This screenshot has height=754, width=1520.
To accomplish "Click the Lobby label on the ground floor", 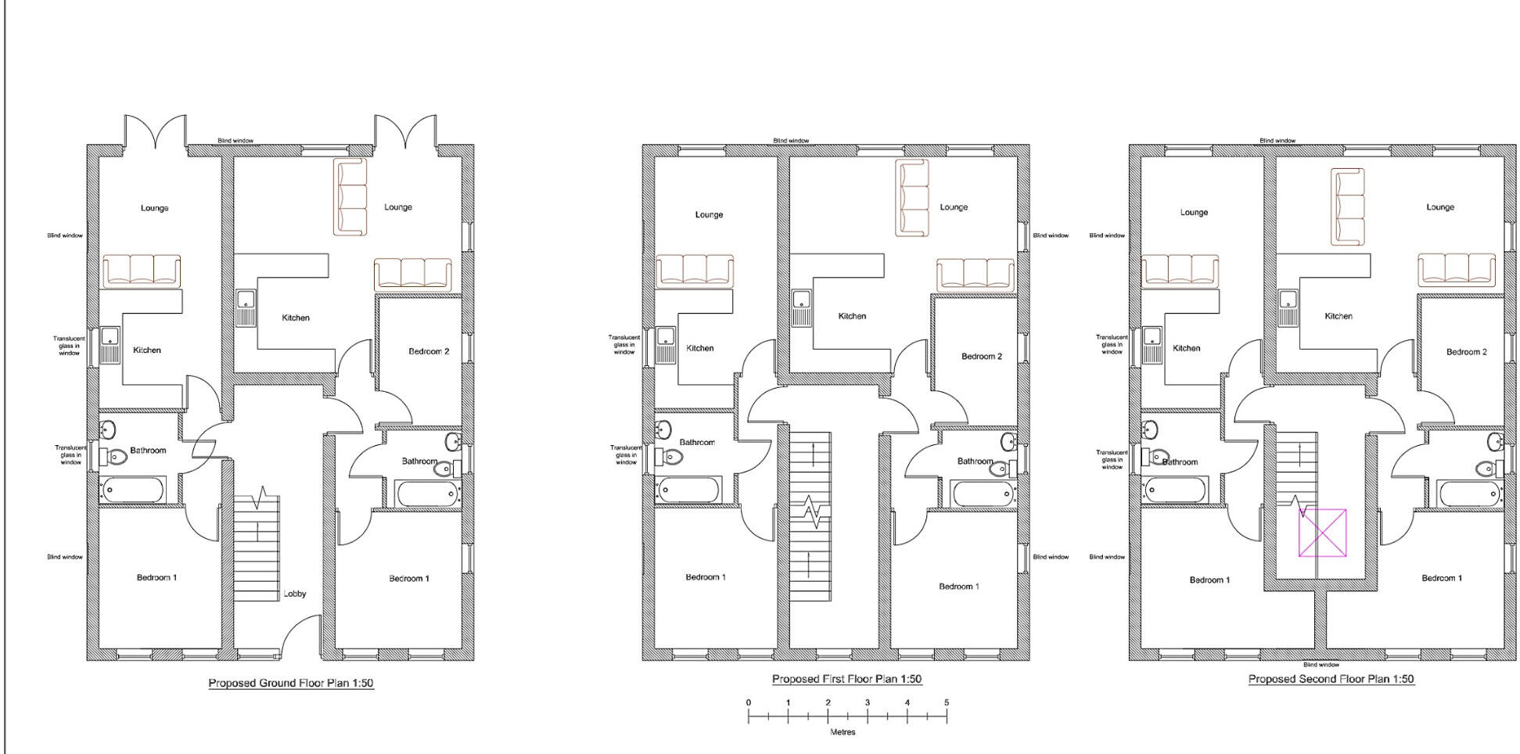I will coord(295,594).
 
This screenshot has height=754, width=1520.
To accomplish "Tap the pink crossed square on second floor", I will coord(1323,533).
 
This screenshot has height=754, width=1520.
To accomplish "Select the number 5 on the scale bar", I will coord(947,702).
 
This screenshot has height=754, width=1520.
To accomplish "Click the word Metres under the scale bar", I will coord(843,733).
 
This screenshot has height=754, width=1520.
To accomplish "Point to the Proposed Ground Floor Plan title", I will coord(291,683).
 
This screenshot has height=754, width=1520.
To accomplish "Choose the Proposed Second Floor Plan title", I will coord(1331,679).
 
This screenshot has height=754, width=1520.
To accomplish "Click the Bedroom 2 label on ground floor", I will coord(429,351).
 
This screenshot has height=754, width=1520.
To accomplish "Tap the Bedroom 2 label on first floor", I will coord(981,356).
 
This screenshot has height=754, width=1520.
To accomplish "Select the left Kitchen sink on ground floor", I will coord(110,346).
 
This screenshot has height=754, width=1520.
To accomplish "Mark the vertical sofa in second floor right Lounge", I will coord(1348,207).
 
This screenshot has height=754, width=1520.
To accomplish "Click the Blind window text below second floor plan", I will coord(1321,665).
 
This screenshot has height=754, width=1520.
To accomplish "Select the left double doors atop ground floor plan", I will coord(155,131).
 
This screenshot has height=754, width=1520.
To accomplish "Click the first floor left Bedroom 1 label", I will coord(706,577).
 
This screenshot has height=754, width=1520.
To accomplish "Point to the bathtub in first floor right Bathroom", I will coord(983,494).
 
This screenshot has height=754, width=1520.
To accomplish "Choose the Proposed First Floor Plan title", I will coord(846,679).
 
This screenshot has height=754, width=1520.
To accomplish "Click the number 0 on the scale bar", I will coord(749,702).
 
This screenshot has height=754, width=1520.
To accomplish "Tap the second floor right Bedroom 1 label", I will coord(1442,578).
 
